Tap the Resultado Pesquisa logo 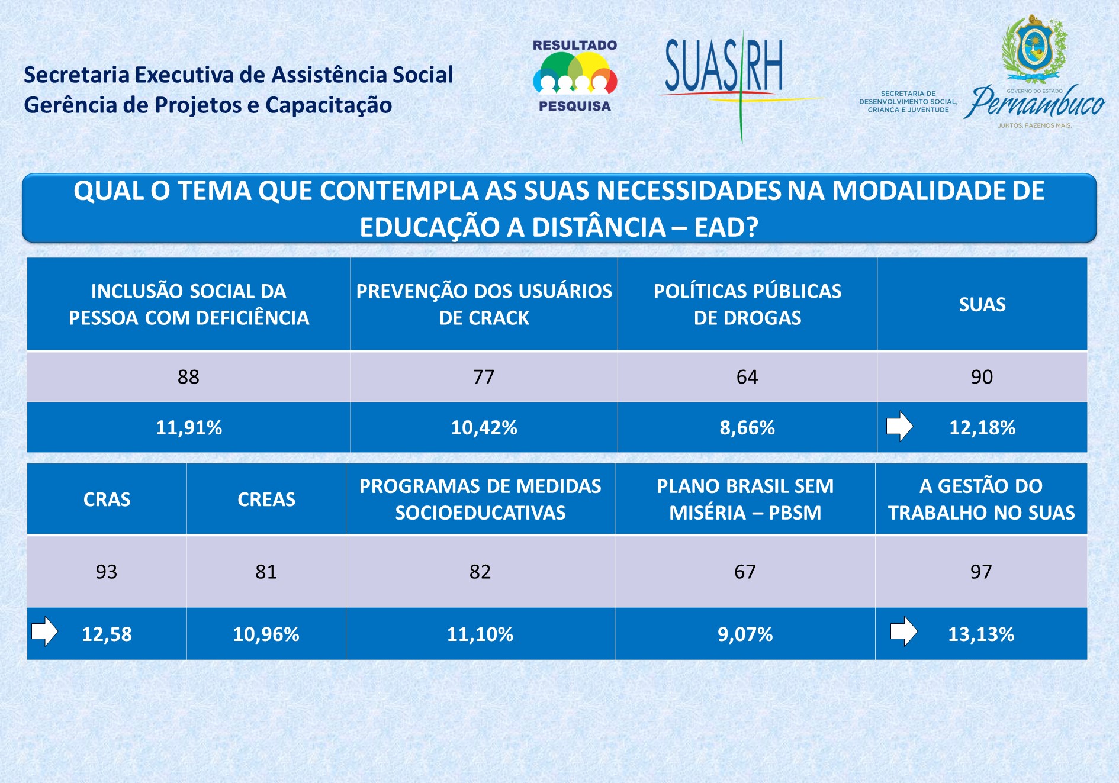[x=575, y=75]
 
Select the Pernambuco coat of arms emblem [x=1034, y=48]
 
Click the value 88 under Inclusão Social [x=188, y=377]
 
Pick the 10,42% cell [x=484, y=427]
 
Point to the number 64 [x=747, y=377]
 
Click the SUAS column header [x=982, y=304]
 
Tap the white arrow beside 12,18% [x=899, y=426]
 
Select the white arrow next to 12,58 [x=45, y=631]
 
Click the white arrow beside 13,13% [x=903, y=631]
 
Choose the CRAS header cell [x=107, y=500]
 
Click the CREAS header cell [x=266, y=500]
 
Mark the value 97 [x=980, y=572]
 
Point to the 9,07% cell [x=745, y=634]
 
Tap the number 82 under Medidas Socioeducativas [x=480, y=572]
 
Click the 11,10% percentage [x=480, y=634]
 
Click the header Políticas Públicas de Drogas [x=747, y=304]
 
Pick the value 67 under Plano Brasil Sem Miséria [x=745, y=572]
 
